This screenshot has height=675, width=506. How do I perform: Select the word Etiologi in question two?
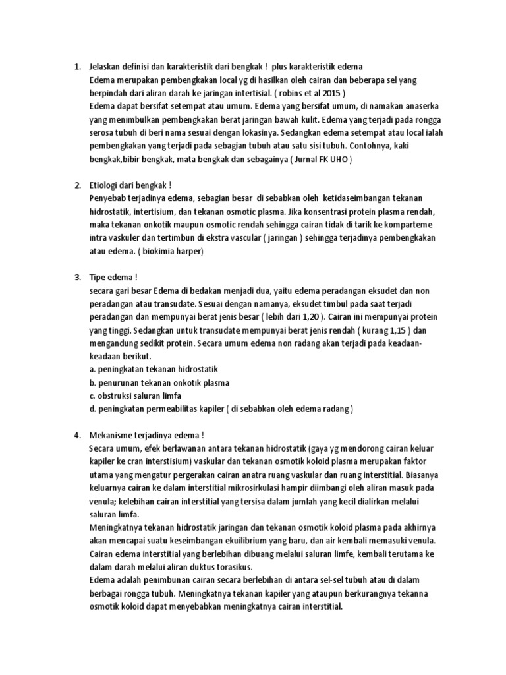point(105,185)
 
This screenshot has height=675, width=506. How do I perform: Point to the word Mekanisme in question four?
point(113,436)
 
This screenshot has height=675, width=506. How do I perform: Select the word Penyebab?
point(108,198)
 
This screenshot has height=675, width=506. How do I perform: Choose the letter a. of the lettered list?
point(92,370)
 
